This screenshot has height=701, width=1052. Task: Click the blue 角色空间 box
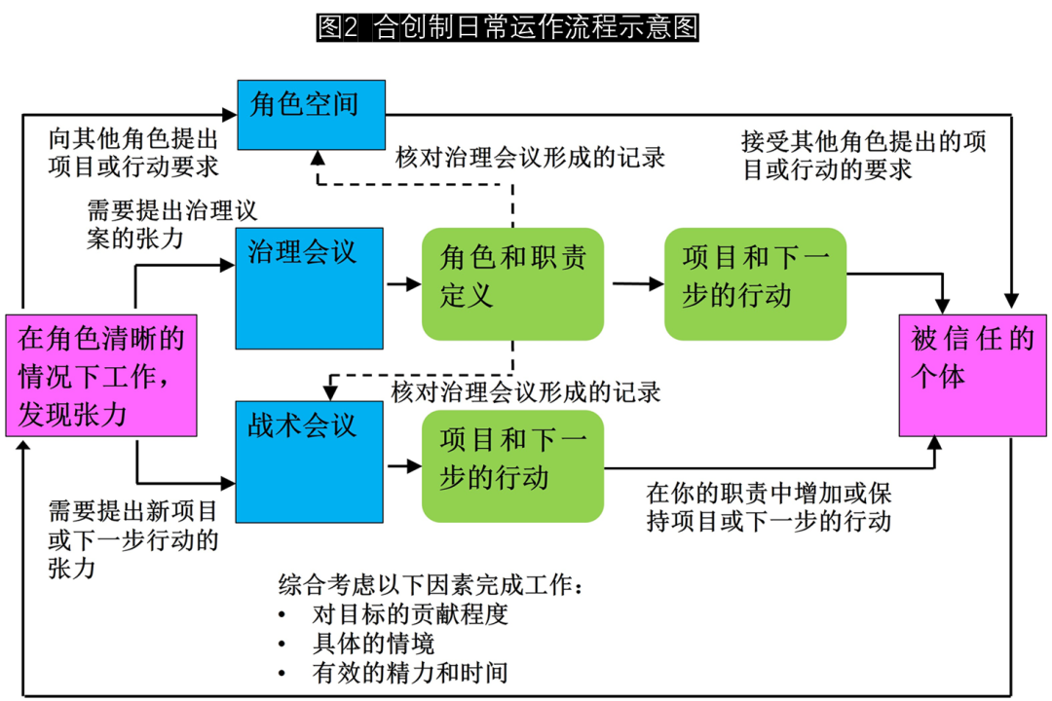click(x=312, y=115)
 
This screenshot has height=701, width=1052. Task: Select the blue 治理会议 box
click(x=309, y=287)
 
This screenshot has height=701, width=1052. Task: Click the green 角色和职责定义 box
click(x=512, y=284)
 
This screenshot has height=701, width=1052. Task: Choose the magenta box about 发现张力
click(x=101, y=374)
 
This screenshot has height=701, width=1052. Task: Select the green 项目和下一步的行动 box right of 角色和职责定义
click(x=755, y=284)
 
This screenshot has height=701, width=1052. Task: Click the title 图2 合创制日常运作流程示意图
click(x=507, y=28)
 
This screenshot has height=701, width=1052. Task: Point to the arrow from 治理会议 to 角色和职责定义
click(x=403, y=284)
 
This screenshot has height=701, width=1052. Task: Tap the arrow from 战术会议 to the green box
click(x=403, y=465)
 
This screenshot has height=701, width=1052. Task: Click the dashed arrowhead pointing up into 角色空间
click(x=318, y=159)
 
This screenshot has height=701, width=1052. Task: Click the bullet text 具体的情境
click(x=373, y=644)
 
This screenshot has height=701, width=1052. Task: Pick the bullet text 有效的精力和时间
click(x=409, y=672)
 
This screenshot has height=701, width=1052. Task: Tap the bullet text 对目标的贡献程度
click(x=409, y=614)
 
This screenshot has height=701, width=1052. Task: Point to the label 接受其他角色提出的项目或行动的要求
click(x=863, y=155)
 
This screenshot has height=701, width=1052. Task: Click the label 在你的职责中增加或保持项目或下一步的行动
click(x=770, y=506)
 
